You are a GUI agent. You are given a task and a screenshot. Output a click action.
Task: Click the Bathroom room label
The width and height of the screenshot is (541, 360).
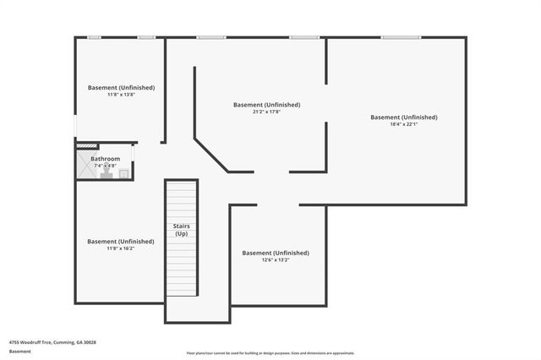click(105, 159)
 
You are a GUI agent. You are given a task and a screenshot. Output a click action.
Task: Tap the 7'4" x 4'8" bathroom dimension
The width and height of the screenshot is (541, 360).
click(105, 166)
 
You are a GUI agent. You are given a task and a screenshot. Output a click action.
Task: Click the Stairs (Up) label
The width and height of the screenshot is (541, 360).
click(180, 230)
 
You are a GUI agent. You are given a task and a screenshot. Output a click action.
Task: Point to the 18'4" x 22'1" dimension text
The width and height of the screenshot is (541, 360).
click(404, 124)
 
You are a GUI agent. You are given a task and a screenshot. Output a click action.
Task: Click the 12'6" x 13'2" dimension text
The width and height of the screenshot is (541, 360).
click(275, 260)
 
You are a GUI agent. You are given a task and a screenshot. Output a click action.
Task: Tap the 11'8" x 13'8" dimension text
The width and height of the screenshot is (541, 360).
click(121, 95)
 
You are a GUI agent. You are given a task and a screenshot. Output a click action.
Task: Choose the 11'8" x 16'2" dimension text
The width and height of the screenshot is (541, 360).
click(120, 248)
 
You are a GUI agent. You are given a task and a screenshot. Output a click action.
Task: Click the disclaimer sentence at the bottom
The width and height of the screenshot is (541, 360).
click(270, 352)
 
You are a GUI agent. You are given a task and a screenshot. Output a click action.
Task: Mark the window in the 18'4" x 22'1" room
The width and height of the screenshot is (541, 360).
click(400, 37)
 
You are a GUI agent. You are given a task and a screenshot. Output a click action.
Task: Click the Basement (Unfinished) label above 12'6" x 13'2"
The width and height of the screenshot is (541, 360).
click(276, 253)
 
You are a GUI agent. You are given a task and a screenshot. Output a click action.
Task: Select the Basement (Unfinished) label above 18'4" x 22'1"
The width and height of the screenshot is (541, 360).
click(404, 117)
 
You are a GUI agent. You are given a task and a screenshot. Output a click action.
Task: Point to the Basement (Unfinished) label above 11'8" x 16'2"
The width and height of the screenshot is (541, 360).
click(121, 241)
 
